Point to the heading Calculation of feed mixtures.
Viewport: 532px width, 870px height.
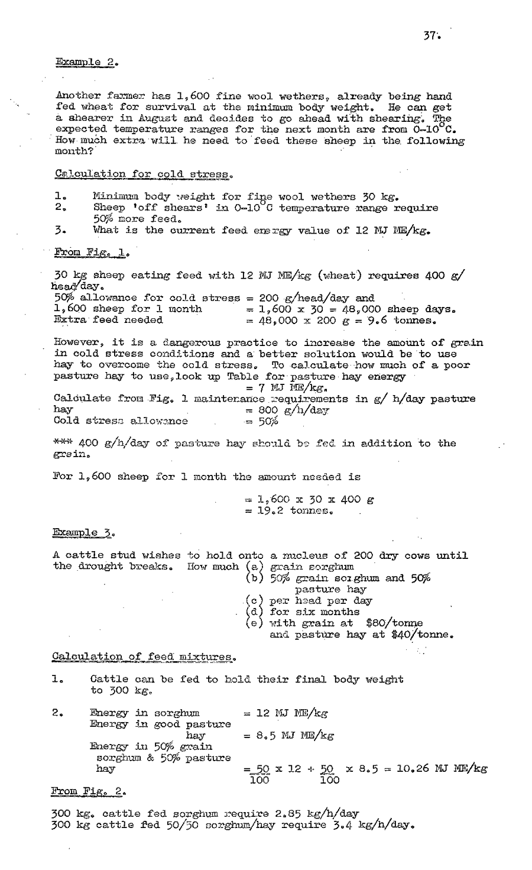click(143, 656)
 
